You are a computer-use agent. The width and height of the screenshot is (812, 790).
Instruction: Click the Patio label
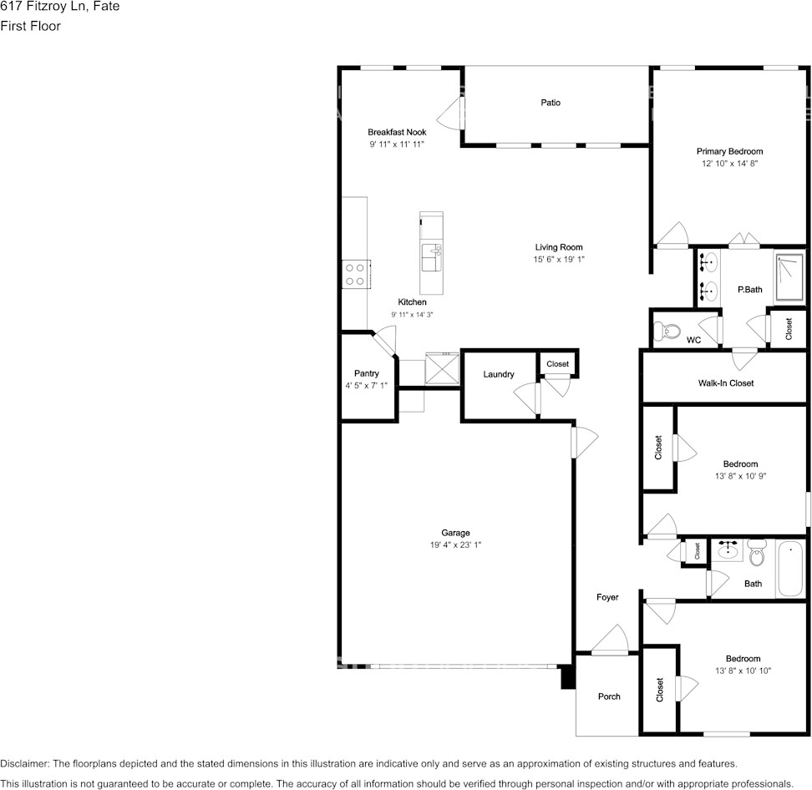551,103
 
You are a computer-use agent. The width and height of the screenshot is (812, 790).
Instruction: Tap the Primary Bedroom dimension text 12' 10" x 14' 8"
729,163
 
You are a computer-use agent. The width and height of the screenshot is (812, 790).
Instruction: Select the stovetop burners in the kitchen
355,275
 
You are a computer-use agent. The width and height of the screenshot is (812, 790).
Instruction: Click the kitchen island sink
431,258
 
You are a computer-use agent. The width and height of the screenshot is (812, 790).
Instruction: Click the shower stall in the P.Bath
790,277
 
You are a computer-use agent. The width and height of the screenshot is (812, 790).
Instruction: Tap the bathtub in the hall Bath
791,569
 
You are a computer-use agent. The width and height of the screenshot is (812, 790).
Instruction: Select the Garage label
456,532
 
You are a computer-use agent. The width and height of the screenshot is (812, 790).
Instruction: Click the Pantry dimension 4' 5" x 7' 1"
366,385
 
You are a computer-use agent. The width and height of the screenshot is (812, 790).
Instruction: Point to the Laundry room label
499,374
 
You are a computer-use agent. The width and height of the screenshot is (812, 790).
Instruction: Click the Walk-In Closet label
725,383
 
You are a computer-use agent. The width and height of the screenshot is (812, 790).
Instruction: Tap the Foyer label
607,597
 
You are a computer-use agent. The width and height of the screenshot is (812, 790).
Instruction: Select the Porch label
609,696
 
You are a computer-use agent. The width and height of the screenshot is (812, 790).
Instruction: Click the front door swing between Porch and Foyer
610,640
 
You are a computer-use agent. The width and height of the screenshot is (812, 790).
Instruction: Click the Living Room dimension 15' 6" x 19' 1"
559,260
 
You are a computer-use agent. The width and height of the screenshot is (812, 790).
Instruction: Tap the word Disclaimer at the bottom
24,763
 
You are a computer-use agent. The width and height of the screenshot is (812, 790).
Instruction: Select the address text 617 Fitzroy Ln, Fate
60,6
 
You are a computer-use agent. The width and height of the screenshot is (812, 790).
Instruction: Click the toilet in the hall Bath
758,552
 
